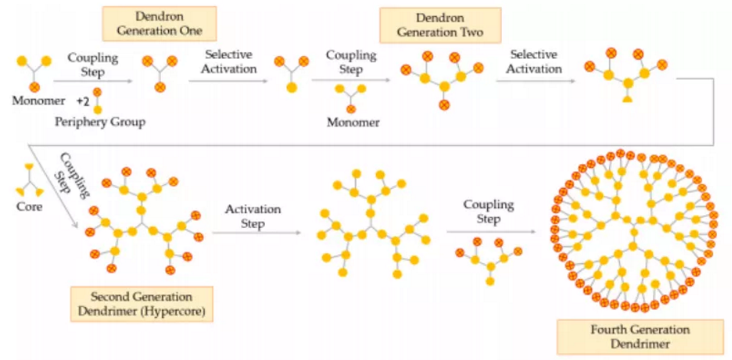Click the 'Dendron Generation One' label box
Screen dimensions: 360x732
click(160, 24)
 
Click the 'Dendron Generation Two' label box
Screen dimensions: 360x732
click(440, 25)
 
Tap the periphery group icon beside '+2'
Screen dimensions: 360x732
click(97, 101)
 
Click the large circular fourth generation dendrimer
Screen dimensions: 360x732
click(634, 230)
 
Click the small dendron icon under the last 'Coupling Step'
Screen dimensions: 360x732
click(488, 259)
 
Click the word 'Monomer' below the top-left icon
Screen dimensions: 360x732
click(33, 101)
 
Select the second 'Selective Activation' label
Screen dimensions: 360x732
click(536, 61)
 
